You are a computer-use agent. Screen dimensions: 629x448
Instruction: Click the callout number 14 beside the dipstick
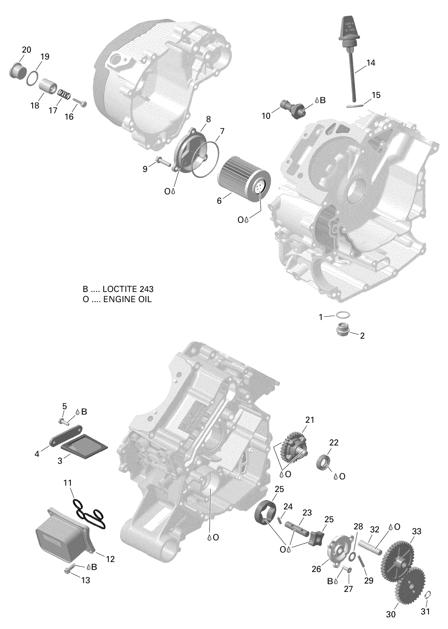371,63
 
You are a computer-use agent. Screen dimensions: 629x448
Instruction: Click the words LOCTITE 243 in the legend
128,289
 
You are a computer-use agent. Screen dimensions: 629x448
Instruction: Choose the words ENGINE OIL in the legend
128,299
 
